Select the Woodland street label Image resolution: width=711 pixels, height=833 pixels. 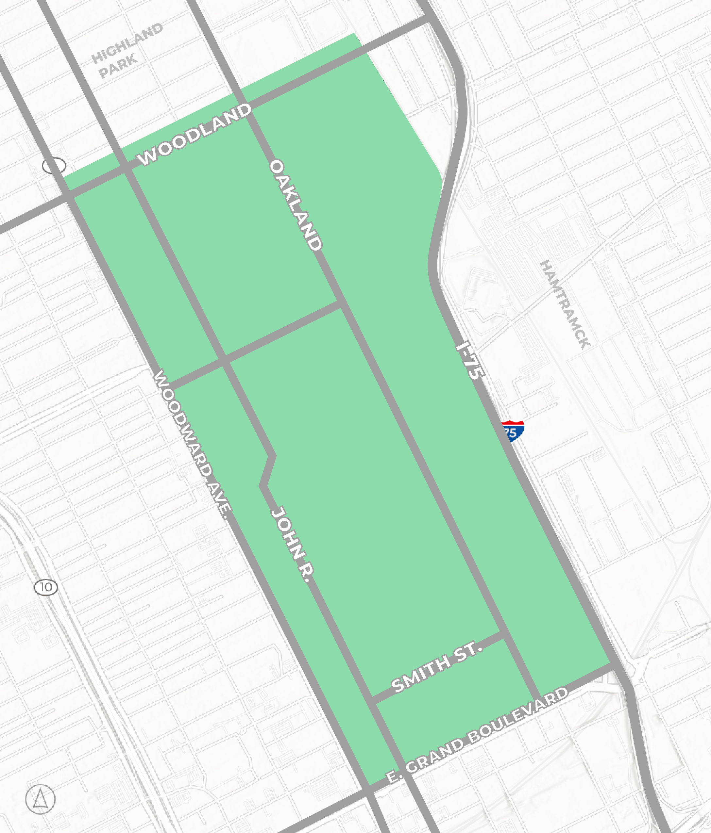195,134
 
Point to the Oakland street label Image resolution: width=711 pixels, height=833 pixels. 296,205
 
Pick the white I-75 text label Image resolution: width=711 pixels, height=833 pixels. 469,361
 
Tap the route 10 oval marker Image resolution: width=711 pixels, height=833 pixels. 46,587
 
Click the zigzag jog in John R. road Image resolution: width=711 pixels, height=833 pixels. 268,471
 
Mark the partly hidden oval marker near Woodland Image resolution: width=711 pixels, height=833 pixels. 54,166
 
